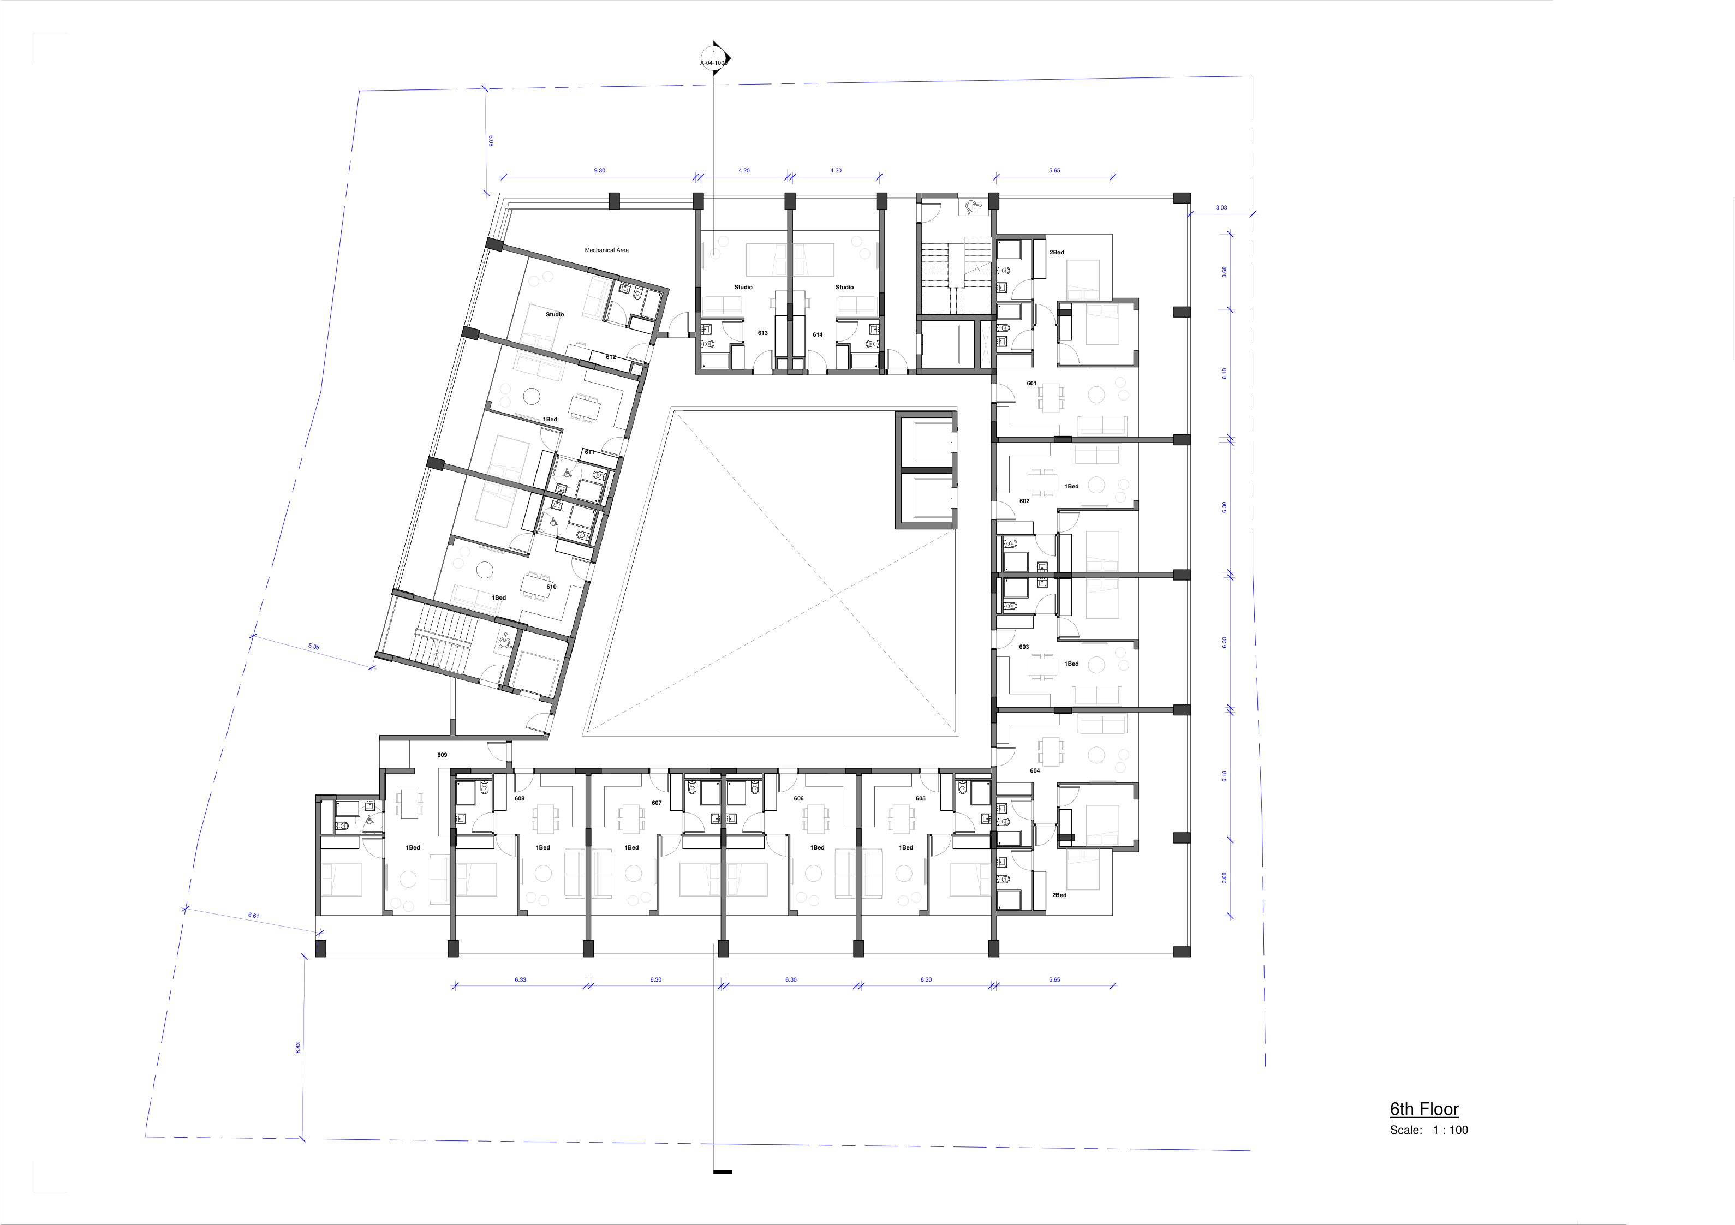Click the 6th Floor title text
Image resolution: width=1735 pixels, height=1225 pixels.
[1424, 1109]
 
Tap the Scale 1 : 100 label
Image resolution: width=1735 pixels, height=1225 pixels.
[1428, 1130]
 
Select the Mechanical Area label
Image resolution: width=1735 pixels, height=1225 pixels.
[606, 250]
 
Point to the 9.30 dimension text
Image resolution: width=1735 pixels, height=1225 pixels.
[599, 171]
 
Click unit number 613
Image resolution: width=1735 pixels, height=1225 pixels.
[762, 333]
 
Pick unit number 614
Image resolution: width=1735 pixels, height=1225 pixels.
[818, 335]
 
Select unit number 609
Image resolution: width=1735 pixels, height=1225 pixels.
[442, 755]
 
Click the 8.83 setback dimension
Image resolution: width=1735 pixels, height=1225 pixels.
[298, 1048]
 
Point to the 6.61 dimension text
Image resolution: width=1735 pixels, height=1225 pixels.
[254, 915]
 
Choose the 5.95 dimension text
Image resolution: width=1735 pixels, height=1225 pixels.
[314, 647]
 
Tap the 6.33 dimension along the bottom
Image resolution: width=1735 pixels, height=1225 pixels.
[520, 979]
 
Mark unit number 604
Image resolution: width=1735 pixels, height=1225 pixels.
[1034, 771]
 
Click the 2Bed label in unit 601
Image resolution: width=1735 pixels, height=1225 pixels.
[1057, 253]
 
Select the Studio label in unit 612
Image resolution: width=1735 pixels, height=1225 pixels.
[555, 314]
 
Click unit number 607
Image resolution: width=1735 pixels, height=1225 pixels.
[657, 803]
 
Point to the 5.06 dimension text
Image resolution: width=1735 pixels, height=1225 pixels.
[491, 141]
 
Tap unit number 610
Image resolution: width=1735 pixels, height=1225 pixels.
[552, 587]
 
